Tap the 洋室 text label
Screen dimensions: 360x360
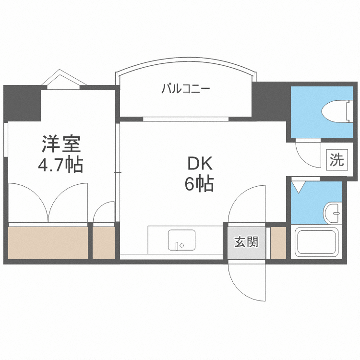coord(61,144)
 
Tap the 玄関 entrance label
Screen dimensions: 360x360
coord(246,242)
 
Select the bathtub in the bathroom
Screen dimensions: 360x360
coord(316,242)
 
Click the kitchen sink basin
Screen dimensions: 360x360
coord(181,240)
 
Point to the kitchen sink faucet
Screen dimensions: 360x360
coord(177,245)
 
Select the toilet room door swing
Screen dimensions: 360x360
coord(307,153)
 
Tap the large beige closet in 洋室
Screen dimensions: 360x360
coord(48,242)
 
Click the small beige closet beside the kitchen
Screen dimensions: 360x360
coord(104,242)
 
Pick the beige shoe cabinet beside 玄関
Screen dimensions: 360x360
coord(278,242)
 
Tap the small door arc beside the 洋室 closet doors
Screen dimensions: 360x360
coord(103,213)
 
